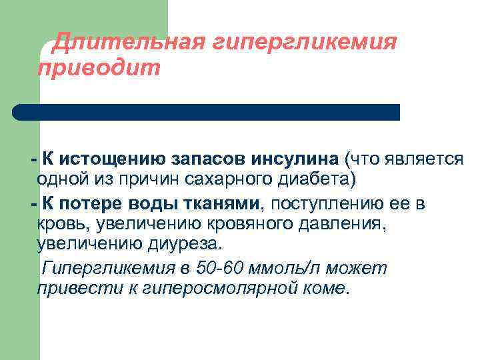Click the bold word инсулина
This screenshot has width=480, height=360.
coord(295,158)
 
